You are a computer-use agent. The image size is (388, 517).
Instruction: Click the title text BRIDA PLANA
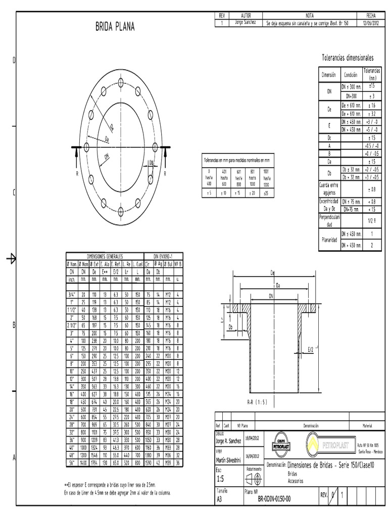point(115,27)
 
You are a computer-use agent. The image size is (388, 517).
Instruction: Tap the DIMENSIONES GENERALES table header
point(105,256)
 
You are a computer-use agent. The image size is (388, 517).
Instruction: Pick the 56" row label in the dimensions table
point(71,462)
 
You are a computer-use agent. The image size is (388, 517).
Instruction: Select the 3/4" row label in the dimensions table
point(71,294)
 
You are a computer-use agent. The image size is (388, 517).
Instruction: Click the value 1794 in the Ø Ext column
point(94,462)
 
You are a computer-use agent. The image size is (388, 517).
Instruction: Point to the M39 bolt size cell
point(170,462)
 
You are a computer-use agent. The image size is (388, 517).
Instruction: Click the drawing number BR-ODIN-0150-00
point(274,499)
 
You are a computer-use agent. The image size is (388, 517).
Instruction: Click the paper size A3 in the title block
point(219,499)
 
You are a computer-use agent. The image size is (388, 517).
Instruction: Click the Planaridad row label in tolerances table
point(329,239)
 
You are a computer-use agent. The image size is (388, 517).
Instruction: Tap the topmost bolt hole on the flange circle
point(121,82)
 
